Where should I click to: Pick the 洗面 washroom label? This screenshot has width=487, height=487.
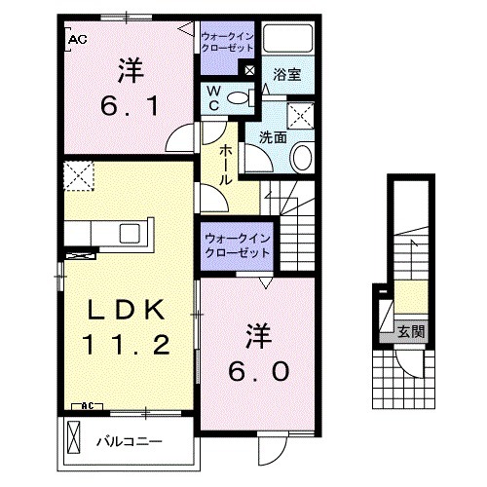coord(273,137)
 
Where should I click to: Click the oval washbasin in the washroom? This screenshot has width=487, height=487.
coord(303,156)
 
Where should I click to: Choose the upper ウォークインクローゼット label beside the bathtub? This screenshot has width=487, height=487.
coord(227,42)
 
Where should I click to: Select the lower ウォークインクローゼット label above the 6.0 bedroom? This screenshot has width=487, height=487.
coord(237,243)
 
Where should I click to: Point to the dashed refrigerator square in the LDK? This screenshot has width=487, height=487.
coord(77,178)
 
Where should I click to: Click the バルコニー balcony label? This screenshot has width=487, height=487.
coord(128,439)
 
